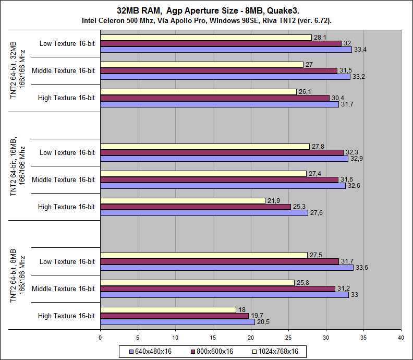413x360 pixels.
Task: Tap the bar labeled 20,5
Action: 177,322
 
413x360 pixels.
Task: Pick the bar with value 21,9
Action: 183,201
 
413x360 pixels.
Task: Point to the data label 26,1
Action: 305,92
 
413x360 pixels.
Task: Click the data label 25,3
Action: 299,207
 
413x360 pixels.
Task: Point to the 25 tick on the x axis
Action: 288,338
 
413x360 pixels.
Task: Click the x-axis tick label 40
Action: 401,338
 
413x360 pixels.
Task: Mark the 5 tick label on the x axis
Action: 138,338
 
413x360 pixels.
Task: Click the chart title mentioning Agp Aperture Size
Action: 207,10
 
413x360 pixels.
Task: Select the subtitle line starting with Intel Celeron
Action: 207,20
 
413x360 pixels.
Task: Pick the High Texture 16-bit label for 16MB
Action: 66,207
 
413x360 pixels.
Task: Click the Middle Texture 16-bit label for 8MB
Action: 63,289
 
